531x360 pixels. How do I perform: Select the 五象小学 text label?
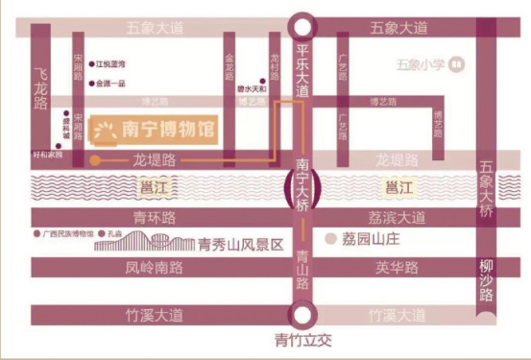point(420,65)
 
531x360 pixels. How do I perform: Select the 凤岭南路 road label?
point(154,268)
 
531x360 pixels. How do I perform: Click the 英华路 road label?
point(395,268)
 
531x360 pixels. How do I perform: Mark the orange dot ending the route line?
point(94,161)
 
